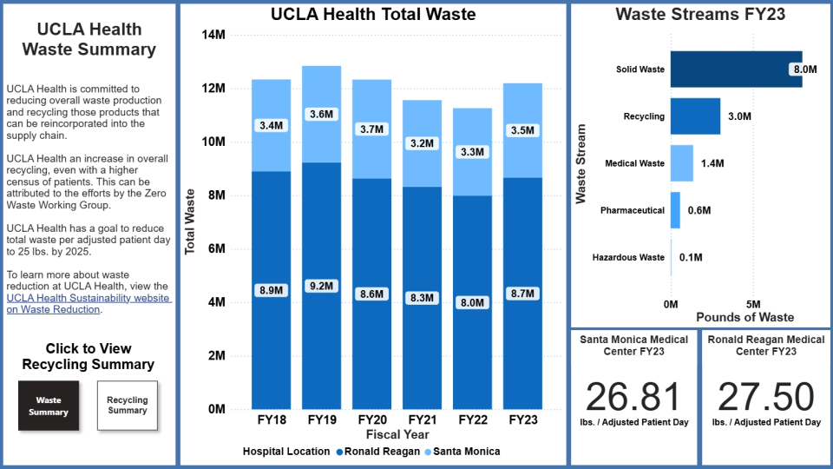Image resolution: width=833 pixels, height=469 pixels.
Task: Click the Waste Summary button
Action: coord(49,406)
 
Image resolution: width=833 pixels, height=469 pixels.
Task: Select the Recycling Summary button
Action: coord(128,406)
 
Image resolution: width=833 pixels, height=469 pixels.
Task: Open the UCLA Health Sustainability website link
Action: coord(87,303)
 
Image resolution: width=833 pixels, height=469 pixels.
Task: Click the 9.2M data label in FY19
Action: coord(321,286)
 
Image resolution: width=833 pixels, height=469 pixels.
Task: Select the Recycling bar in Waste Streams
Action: coord(695,116)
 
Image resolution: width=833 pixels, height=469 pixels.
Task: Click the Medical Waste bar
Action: coord(681,163)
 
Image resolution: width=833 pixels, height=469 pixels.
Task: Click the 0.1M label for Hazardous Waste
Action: coord(691,257)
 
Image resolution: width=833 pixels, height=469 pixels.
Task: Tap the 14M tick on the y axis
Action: coord(213,35)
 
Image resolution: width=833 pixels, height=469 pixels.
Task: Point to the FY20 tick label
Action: coord(371,420)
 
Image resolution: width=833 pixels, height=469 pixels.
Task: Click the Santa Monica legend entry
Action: coord(466,452)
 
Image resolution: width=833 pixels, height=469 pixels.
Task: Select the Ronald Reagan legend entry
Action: coord(377,452)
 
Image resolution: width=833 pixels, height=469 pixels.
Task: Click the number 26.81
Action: coord(633,397)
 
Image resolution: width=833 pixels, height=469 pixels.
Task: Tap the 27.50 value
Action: coord(766,397)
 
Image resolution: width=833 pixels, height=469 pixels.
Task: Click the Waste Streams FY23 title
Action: coord(700,15)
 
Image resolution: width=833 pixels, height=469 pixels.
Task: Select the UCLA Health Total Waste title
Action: coord(373,15)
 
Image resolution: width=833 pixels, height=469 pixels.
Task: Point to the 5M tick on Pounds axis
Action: coord(753,304)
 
